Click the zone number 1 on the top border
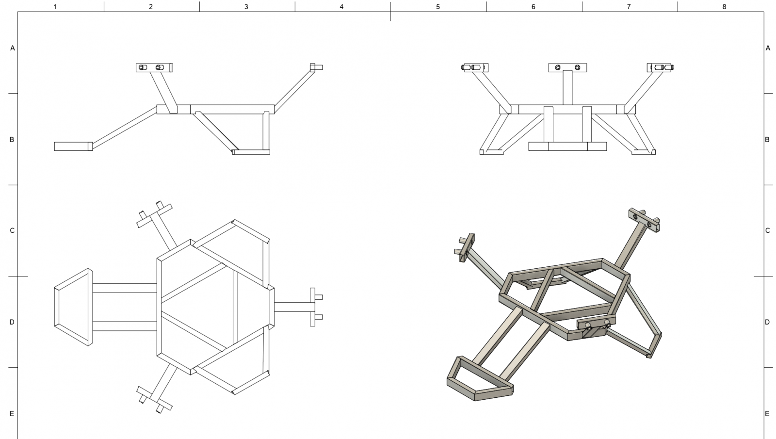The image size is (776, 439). [x=55, y=7]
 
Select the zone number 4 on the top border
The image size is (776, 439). [x=341, y=7]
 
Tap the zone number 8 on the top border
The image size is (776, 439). [x=724, y=7]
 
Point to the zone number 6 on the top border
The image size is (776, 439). [x=533, y=7]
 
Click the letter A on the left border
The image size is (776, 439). [x=13, y=48]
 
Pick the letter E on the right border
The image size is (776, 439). [x=767, y=414]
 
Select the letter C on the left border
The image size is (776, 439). [x=13, y=230]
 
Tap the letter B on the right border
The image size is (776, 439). [x=767, y=140]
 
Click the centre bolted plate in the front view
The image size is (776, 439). [x=567, y=67]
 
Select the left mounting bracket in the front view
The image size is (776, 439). [x=474, y=67]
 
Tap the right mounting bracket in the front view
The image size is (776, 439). [x=661, y=67]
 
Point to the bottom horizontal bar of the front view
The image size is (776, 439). [x=567, y=146]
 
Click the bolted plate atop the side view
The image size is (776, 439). [x=154, y=67]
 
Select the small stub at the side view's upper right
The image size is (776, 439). [x=316, y=67]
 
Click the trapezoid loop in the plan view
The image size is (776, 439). [x=73, y=307]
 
